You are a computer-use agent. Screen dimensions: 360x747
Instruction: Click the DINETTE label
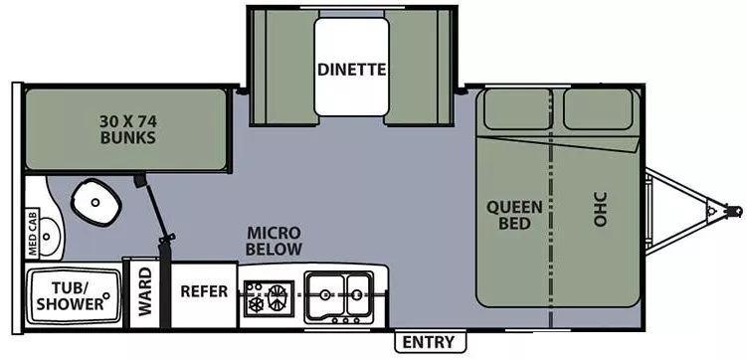pos(351,70)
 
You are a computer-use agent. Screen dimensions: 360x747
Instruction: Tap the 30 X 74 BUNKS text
pos(127,130)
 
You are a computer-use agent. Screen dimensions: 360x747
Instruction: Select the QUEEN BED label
pos(514,215)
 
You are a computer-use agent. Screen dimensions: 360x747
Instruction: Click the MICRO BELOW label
pos(275,240)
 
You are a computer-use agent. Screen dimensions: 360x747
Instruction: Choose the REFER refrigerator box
pos(204,291)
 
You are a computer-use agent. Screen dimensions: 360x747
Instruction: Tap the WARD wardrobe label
pos(145,291)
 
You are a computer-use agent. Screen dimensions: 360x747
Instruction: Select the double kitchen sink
pos(338,293)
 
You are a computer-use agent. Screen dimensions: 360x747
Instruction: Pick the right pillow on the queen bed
pos(598,108)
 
